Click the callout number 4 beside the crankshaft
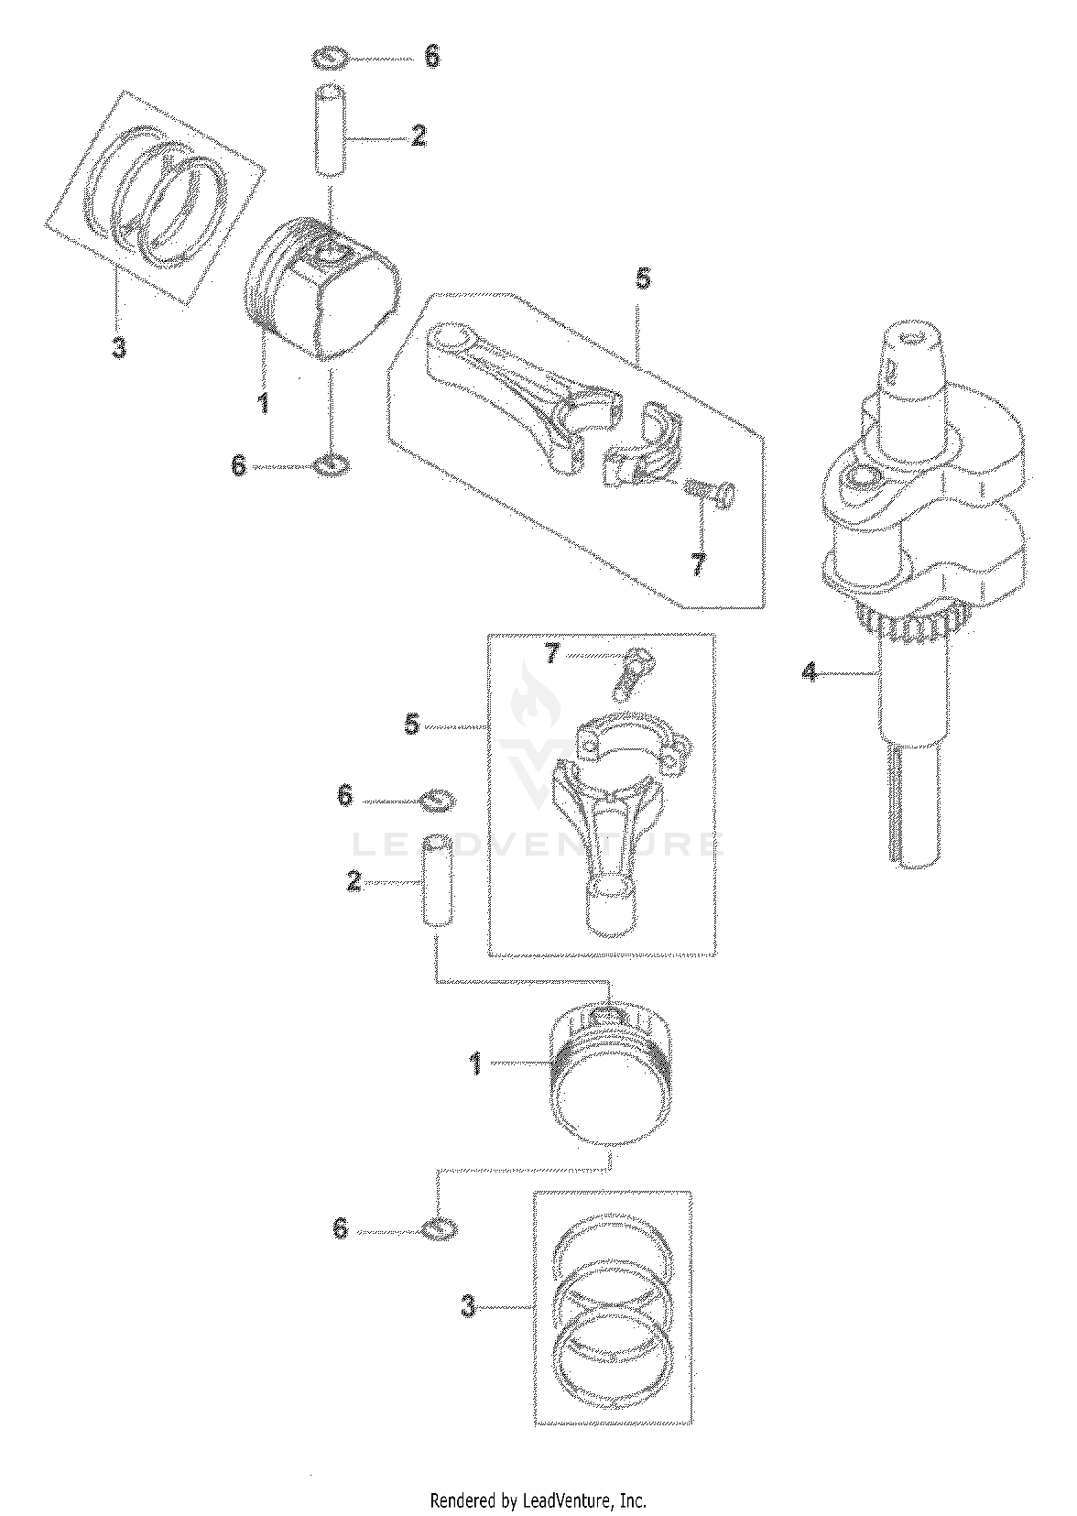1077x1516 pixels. pyautogui.click(x=809, y=672)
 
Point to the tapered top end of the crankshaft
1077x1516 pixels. pyautogui.click(x=913, y=359)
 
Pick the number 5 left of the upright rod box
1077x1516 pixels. pyautogui.click(x=412, y=725)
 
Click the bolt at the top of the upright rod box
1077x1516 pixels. pyautogui.click(x=629, y=672)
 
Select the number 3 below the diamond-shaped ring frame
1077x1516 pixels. pyautogui.click(x=118, y=348)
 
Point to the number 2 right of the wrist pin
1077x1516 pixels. pyautogui.click(x=419, y=136)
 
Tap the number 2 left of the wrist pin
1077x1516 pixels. pyautogui.click(x=353, y=881)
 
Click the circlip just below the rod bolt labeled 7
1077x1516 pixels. pyautogui.click(x=438, y=801)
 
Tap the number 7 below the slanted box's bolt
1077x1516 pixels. pyautogui.click(x=698, y=563)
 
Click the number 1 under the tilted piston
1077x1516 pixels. pyautogui.click(x=263, y=403)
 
